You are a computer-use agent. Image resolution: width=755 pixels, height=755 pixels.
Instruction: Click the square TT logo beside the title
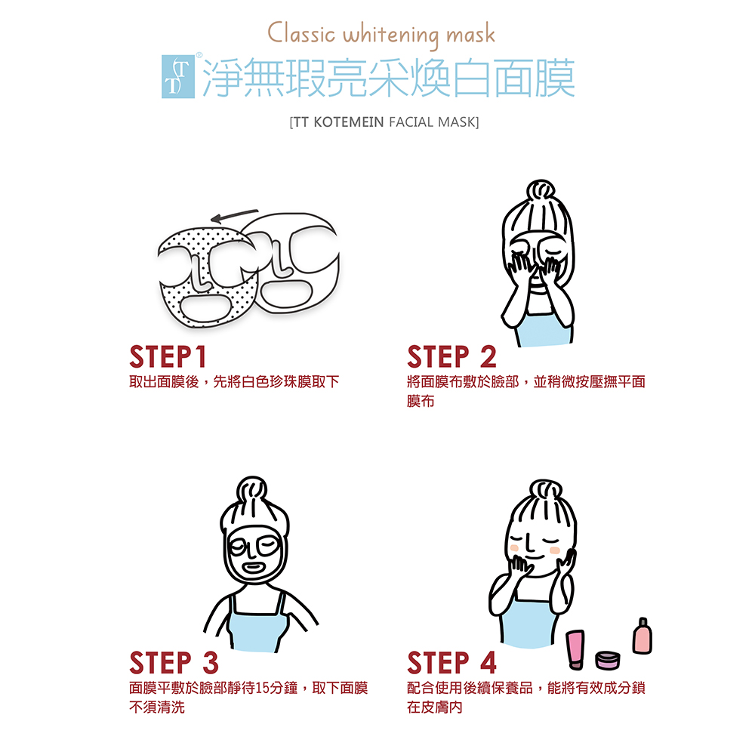(x=178, y=76)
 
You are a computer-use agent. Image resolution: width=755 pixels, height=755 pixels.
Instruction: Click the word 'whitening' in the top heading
(x=390, y=35)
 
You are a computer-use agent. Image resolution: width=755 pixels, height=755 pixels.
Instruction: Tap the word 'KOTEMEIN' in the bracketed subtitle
(x=349, y=122)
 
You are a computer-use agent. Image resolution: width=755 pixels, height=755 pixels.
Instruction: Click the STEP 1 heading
(x=168, y=357)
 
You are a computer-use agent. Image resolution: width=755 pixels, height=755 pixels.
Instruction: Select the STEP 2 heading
(x=451, y=357)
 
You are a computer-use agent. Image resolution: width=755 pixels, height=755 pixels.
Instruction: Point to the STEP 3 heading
(x=174, y=663)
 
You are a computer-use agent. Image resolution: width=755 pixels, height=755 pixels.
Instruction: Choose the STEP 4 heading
(x=451, y=663)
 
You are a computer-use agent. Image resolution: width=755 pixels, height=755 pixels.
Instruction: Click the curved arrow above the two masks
(x=235, y=216)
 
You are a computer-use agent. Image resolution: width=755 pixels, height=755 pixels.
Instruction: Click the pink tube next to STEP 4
(x=575, y=649)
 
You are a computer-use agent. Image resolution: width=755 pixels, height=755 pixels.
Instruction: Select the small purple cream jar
(x=608, y=660)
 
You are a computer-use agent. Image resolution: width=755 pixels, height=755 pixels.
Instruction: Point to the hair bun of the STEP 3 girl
(x=252, y=489)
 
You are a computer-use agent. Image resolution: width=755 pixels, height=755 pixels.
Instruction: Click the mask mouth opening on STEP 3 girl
(x=253, y=568)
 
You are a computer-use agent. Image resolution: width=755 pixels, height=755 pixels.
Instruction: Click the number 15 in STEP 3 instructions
(x=263, y=688)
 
